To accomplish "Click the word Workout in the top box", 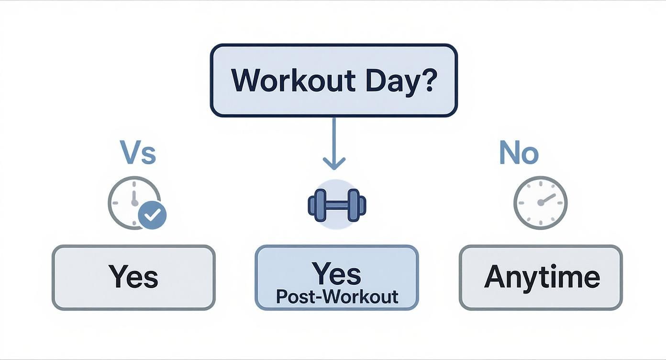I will [293, 80].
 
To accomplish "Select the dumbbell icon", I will [337, 204].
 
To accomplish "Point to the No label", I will [519, 153].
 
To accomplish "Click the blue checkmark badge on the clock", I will [152, 215].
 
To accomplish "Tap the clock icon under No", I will [540, 202].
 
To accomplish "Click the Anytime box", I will [541, 278].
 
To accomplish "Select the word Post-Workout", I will [337, 297].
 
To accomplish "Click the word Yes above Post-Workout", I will [337, 274].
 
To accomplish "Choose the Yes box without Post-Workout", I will [133, 278].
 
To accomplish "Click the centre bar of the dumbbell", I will [337, 205].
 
